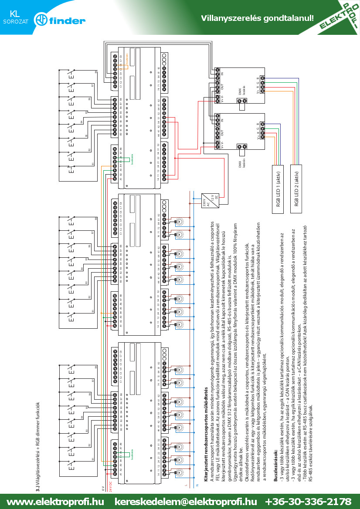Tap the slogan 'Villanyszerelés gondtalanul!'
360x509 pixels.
[257, 18]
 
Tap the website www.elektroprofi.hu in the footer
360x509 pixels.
[55, 501]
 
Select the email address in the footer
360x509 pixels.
[186, 501]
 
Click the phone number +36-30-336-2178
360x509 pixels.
[308, 501]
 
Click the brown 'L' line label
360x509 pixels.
[186, 485]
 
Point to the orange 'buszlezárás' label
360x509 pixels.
[127, 59]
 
